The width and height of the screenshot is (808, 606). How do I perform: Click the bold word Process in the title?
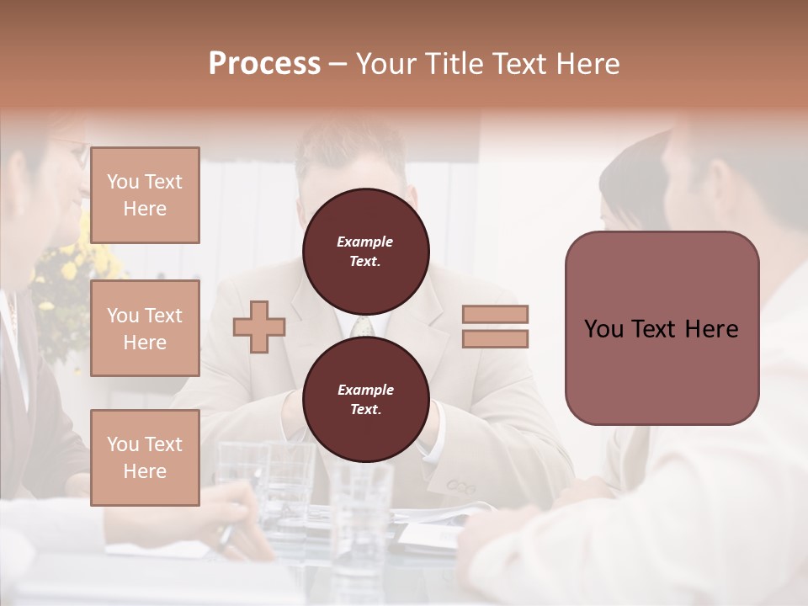click(264, 63)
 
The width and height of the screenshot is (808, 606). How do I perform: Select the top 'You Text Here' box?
click(145, 195)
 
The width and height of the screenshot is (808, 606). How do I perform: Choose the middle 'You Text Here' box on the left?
click(145, 328)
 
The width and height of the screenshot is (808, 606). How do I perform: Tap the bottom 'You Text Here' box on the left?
click(145, 458)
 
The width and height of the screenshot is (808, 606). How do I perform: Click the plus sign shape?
click(259, 327)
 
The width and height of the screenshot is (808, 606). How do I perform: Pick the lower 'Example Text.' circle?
click(365, 399)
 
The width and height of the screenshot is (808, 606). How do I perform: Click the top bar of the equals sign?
click(495, 315)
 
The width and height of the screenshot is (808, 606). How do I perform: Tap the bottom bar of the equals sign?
click(495, 338)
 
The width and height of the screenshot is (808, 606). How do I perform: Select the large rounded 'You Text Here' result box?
click(662, 328)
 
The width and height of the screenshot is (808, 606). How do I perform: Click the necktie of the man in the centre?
click(362, 327)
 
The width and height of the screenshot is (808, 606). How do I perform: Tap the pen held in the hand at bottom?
click(226, 535)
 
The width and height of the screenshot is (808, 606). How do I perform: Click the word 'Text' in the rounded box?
click(676, 328)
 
